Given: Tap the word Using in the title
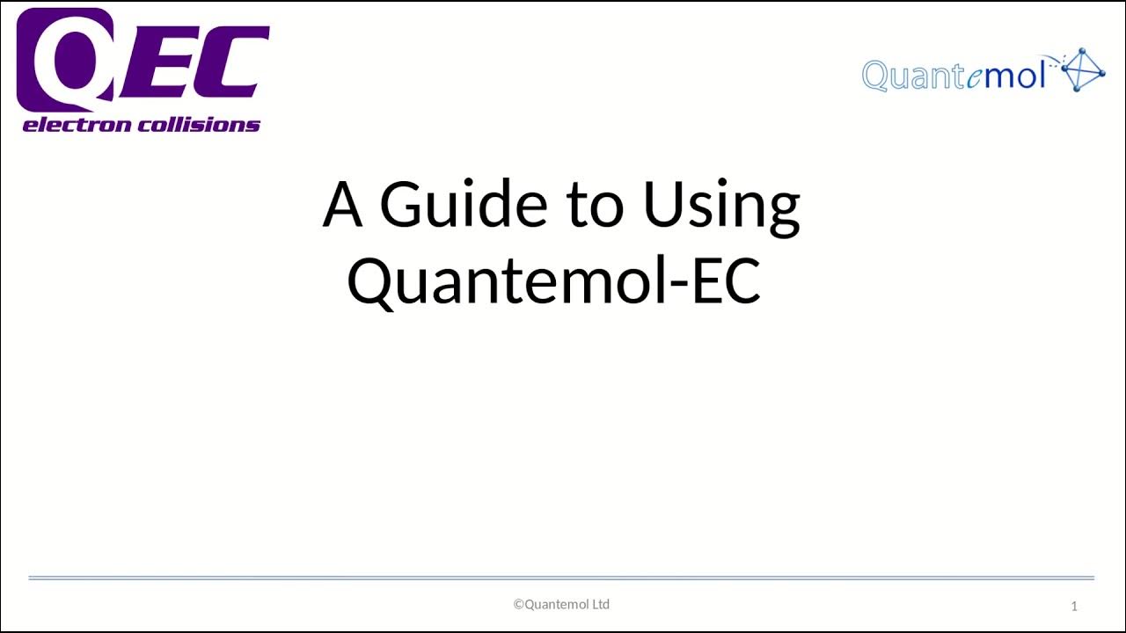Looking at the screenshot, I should pyautogui.click(x=721, y=206).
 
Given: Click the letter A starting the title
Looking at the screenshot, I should pyautogui.click(x=342, y=204).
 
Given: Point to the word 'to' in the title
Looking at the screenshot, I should pyautogui.click(x=595, y=205).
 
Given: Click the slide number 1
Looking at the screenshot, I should pyautogui.click(x=1074, y=606).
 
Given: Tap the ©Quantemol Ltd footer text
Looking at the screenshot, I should pyautogui.click(x=561, y=604).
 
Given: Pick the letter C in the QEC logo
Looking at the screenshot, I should pyautogui.click(x=233, y=62).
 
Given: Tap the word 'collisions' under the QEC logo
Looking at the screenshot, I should pyautogui.click(x=202, y=125).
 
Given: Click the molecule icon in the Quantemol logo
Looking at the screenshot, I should pyautogui.click(x=1084, y=70).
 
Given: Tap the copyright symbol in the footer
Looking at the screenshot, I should pyautogui.click(x=518, y=604).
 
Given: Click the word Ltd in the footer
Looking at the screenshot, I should pyautogui.click(x=600, y=604).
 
